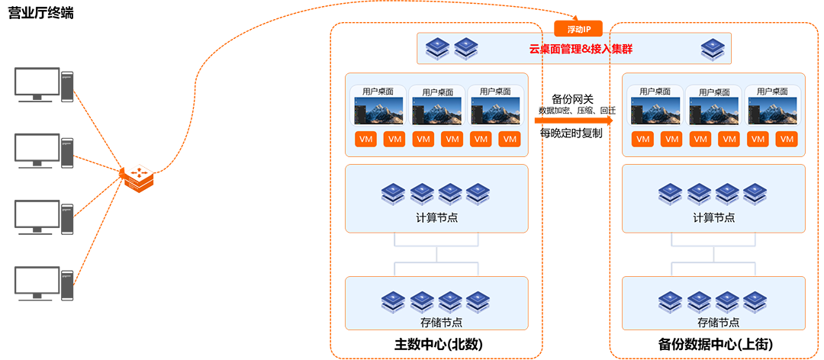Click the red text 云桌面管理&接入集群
coord(581,50)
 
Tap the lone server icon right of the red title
coord(712,50)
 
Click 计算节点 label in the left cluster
coord(436,217)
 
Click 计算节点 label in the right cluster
coord(714,217)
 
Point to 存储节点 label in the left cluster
coord(436,323)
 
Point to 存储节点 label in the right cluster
coord(714,323)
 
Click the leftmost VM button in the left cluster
coord(366,140)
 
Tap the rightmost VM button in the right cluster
coord(787,140)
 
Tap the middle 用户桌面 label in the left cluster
coord(436,92)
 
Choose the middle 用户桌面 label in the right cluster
coord(714,92)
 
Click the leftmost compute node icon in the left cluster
coord(394,194)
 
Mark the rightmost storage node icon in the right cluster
coord(755,300)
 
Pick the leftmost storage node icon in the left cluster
coord(394,300)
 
